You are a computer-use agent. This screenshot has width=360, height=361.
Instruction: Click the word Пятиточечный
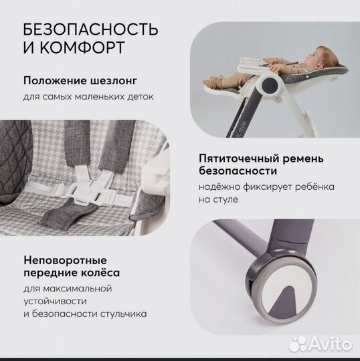[234, 159]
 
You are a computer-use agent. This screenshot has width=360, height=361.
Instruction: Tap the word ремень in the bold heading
[304, 159]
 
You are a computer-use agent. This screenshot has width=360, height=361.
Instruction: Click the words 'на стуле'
[217, 199]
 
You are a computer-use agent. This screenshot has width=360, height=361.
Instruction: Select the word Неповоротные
[65, 259]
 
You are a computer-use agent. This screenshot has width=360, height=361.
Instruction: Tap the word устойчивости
[52, 301]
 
